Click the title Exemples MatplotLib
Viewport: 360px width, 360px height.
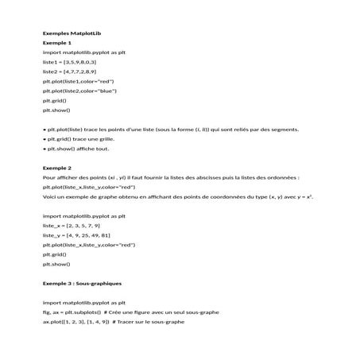tap(72, 33)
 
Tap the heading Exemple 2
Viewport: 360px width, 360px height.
tap(56, 168)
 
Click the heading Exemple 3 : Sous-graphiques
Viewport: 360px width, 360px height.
tap(82, 283)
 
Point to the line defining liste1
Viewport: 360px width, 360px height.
tap(69, 61)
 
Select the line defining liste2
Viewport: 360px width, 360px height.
tap(69, 71)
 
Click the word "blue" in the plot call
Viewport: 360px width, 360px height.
tap(106, 91)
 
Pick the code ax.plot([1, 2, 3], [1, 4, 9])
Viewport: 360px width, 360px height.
tap(75, 322)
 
